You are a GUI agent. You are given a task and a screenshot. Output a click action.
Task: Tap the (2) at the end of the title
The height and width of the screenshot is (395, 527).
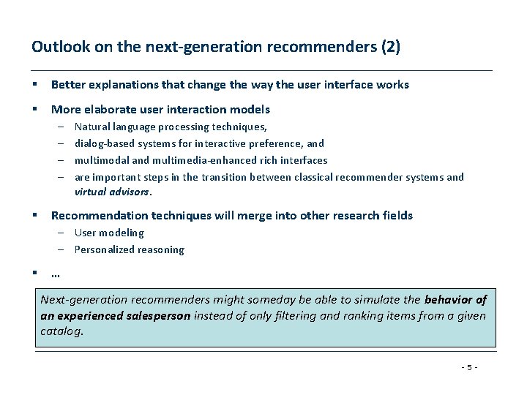[389, 48]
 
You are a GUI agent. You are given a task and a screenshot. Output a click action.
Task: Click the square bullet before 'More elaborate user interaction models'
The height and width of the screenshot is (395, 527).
[34, 110]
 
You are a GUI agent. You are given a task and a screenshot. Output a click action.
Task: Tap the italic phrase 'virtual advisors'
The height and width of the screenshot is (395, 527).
[112, 193]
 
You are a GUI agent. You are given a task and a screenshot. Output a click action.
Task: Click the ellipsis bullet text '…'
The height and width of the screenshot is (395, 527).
[56, 275]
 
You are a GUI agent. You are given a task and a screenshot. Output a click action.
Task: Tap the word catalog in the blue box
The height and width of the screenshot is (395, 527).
[61, 331]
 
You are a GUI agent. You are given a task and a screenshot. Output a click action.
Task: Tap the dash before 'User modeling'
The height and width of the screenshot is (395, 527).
[64, 233]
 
